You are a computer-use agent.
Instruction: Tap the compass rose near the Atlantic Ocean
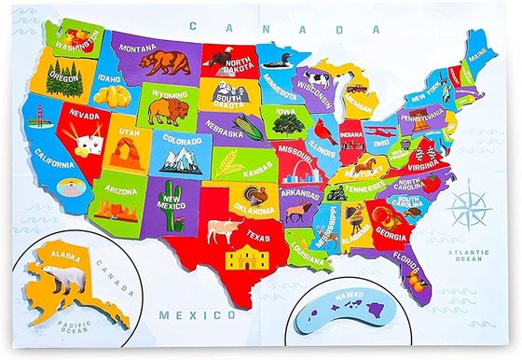pyautogui.click(x=470, y=204)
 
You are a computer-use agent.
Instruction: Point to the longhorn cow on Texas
pyautogui.click(x=223, y=227)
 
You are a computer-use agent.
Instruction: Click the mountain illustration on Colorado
pyautogui.click(x=181, y=160)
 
